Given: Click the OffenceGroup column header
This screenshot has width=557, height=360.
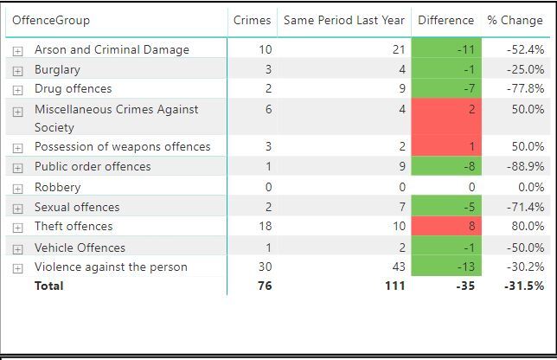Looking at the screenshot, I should (50, 20).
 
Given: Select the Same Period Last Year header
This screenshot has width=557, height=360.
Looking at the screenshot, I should (343, 20).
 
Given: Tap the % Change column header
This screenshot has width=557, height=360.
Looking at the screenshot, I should (515, 20).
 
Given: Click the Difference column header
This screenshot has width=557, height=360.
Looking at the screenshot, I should (445, 20).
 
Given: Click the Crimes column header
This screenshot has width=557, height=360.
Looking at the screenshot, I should (252, 20).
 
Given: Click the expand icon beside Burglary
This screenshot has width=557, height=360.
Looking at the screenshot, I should (17, 70).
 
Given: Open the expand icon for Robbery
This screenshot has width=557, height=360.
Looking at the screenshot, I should (17, 188).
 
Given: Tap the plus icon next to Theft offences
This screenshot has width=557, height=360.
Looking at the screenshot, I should (17, 227).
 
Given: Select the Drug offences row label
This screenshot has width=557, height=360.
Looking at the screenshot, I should (73, 88).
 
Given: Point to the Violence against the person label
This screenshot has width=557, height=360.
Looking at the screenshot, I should (111, 267).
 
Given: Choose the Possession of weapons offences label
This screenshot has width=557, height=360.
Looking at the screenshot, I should (122, 146).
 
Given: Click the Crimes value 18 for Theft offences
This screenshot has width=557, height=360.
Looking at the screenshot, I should (265, 226).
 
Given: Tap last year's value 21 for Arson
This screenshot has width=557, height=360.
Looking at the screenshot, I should (398, 49).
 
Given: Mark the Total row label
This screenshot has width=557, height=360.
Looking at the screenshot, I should (48, 286).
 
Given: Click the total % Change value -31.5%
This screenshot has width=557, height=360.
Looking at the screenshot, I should (524, 286).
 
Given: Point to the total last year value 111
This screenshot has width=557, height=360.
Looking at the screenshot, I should (395, 286).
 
